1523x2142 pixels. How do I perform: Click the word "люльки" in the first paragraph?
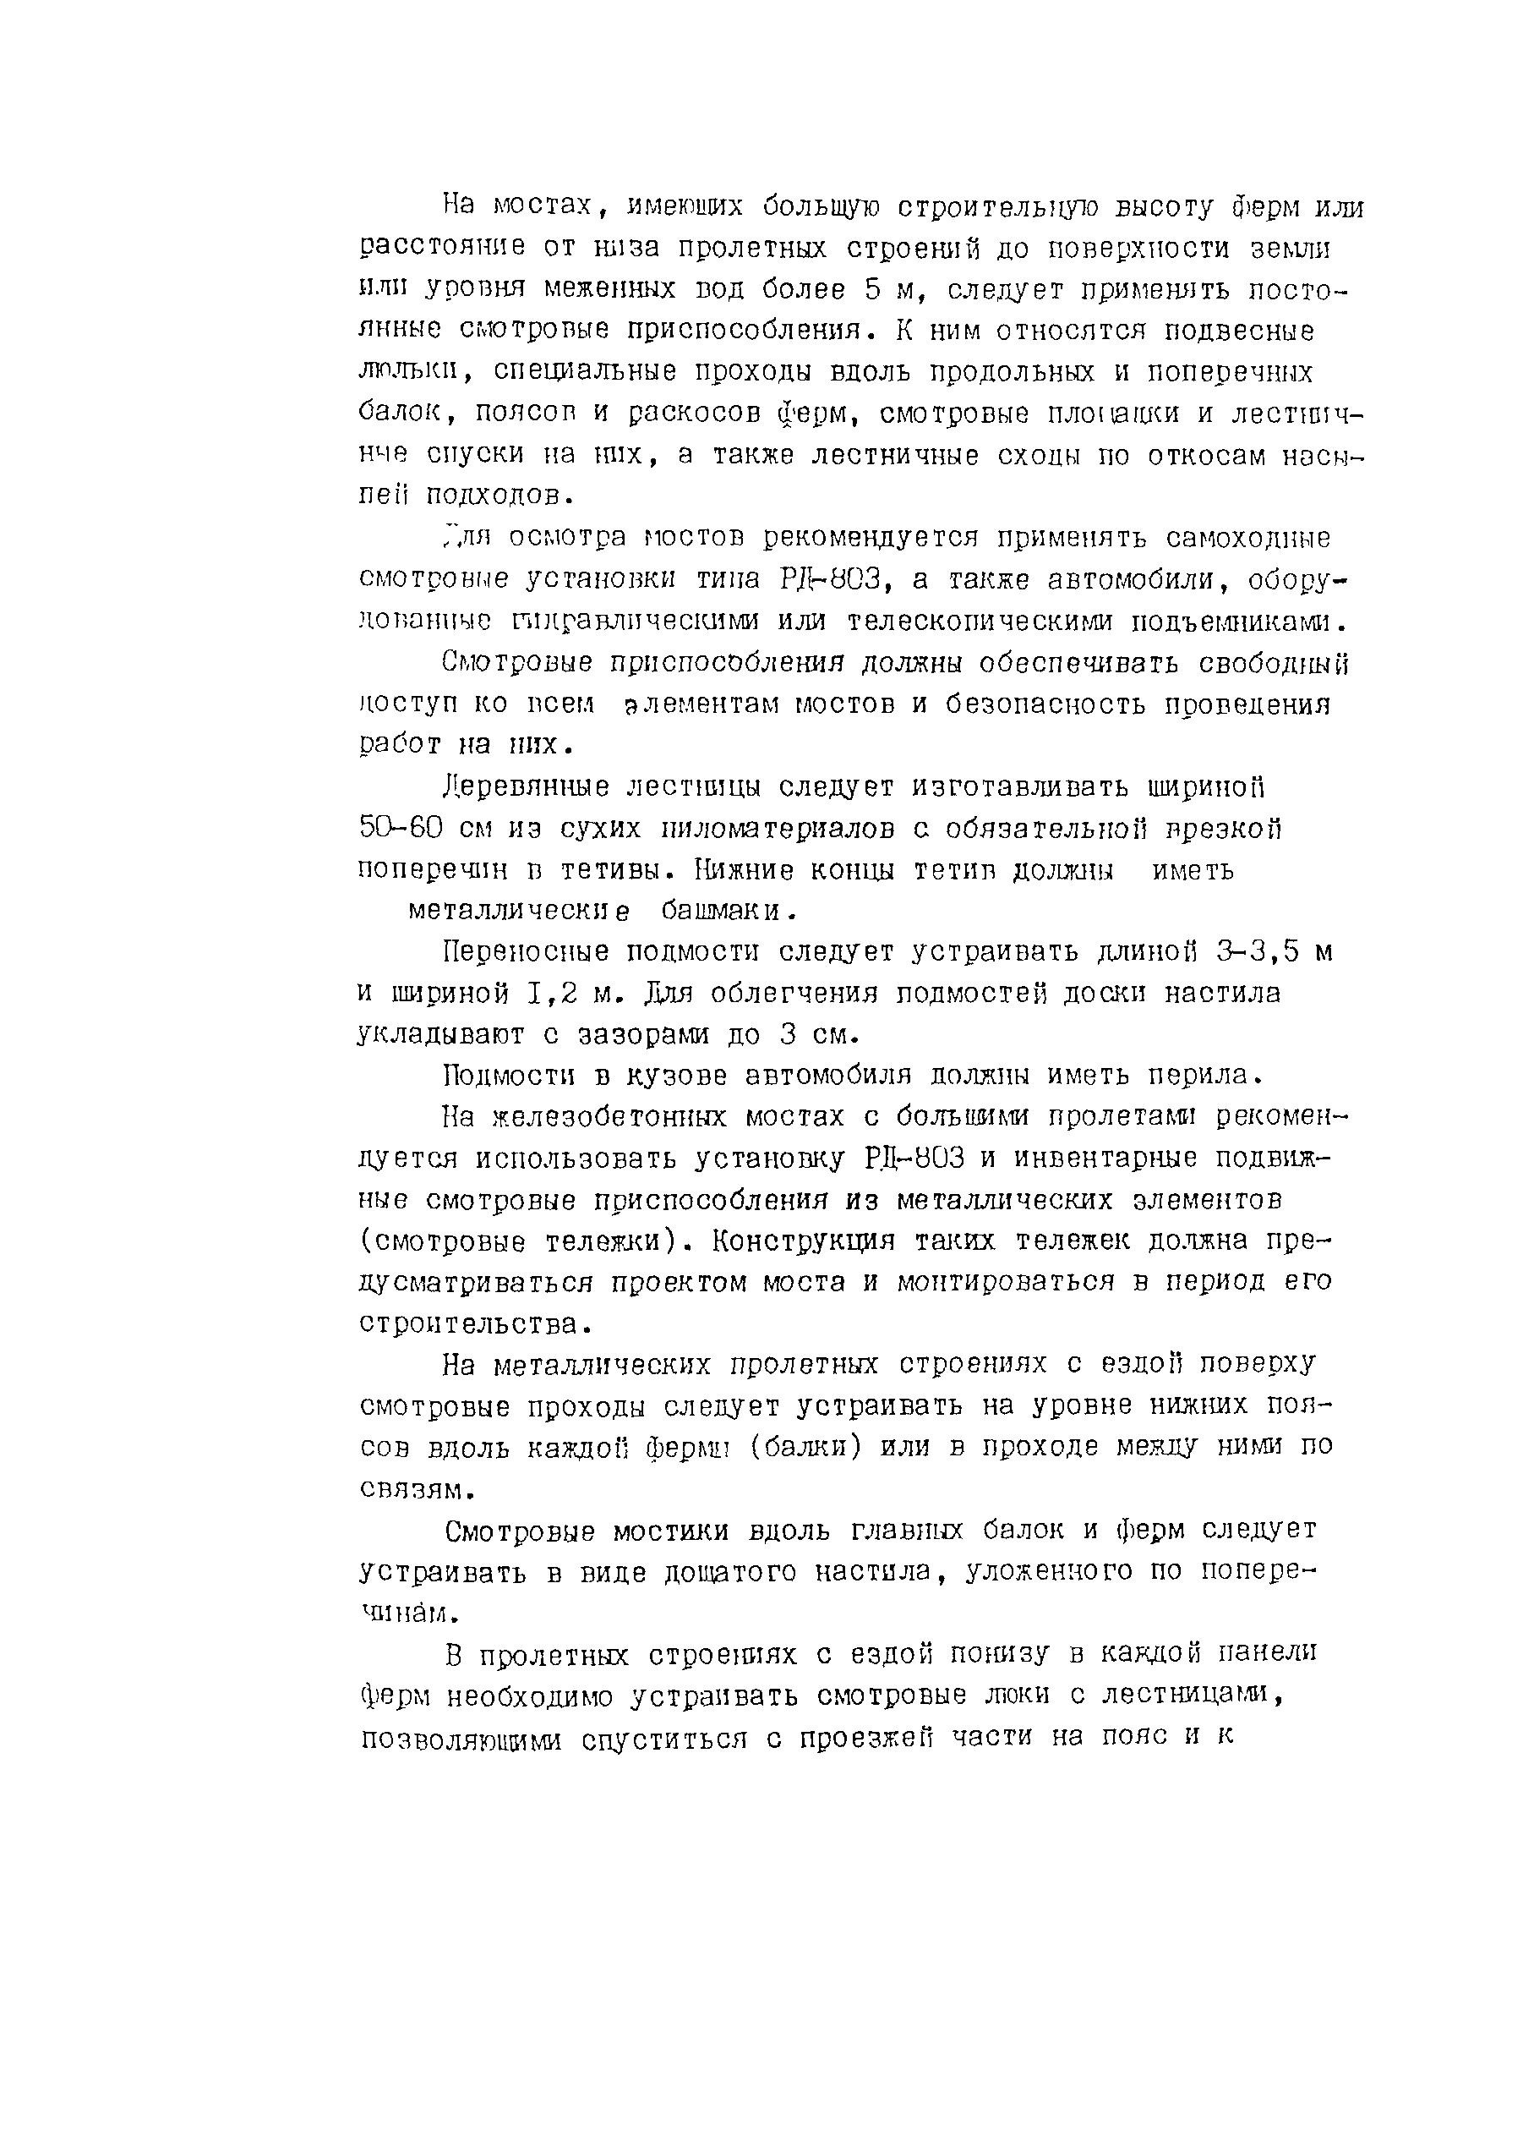(406, 372)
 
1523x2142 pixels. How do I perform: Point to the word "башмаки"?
(726, 911)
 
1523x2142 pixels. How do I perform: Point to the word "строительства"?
(472, 1325)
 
